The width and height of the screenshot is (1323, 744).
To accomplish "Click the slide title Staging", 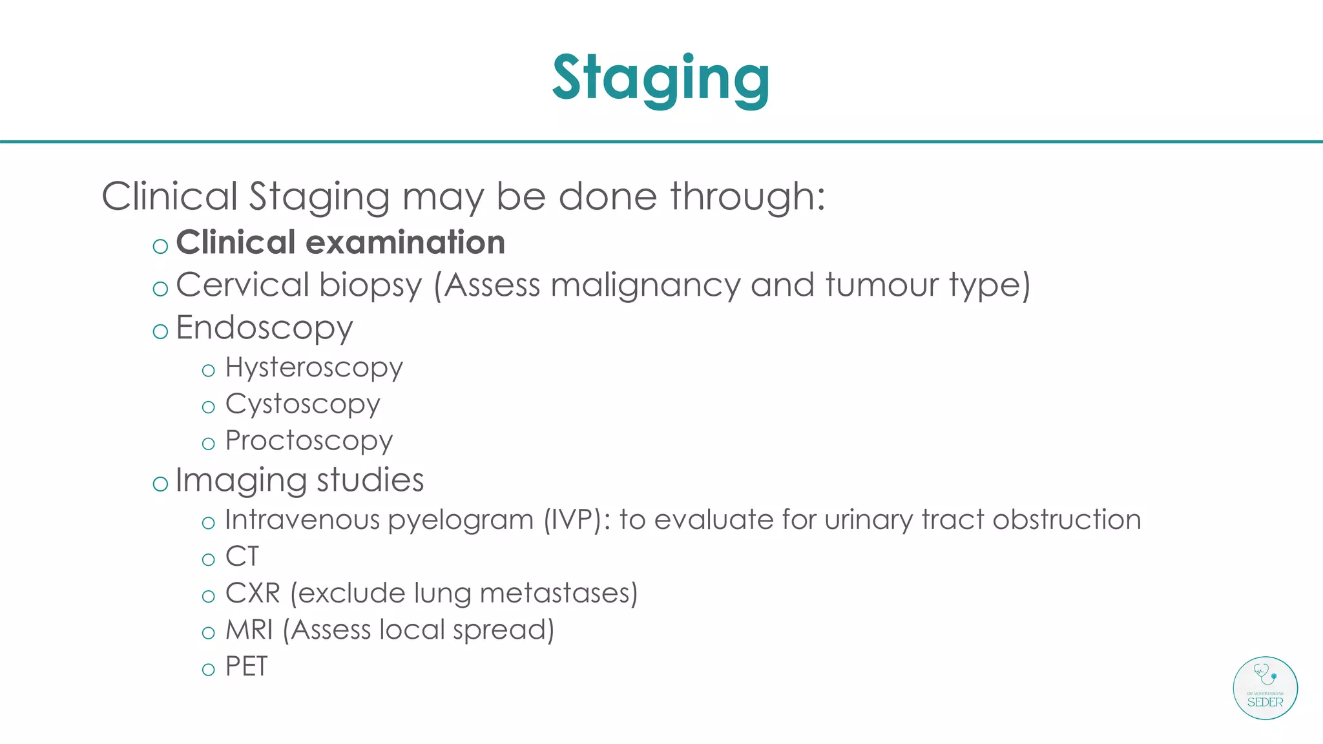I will point(660,79).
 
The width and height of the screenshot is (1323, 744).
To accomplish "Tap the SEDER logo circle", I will point(1265,688).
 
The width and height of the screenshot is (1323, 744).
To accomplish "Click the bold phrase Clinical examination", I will point(340,243).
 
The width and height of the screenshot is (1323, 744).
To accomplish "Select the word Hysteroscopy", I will point(314,368).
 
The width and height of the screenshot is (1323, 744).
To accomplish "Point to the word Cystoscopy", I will point(302,405).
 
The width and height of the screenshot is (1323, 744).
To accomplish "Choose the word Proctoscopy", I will point(309,441).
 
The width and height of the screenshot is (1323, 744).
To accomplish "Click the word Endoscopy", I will point(264,329).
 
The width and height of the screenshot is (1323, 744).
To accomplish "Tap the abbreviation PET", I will point(246,666).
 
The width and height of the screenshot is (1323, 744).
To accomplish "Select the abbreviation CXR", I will point(253,593).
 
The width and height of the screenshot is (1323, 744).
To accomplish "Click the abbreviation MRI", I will point(249,630).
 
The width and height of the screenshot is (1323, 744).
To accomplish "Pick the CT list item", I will point(242,556).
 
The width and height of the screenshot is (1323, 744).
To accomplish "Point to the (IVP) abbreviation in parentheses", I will point(576,520).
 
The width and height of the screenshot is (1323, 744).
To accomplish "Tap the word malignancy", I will point(645,285).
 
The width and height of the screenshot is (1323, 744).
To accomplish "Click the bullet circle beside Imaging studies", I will point(160,483).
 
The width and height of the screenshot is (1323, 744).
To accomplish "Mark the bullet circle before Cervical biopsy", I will point(160,289).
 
